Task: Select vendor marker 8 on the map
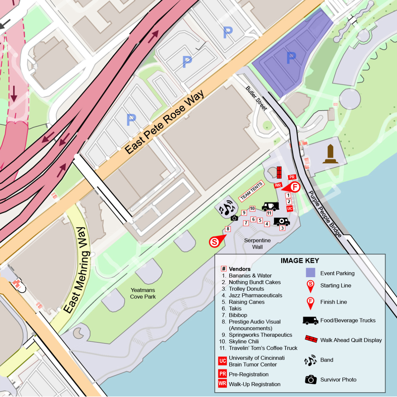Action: point(228,229)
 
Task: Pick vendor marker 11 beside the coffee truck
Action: point(269,213)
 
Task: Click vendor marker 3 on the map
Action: point(282,228)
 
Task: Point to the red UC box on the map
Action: point(290,209)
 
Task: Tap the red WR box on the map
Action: point(278,185)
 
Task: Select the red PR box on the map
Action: point(292,177)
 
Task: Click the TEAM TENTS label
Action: point(251,191)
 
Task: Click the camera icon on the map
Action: point(234,218)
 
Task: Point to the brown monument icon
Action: point(331,154)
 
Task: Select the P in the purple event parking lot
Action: point(291,58)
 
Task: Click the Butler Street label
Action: point(256,98)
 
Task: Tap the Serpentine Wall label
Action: point(257,243)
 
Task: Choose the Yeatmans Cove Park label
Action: point(143,293)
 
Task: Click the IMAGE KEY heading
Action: point(300,261)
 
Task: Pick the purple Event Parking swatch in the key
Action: point(310,273)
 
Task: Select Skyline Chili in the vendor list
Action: point(244,341)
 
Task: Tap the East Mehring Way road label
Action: point(76,270)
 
